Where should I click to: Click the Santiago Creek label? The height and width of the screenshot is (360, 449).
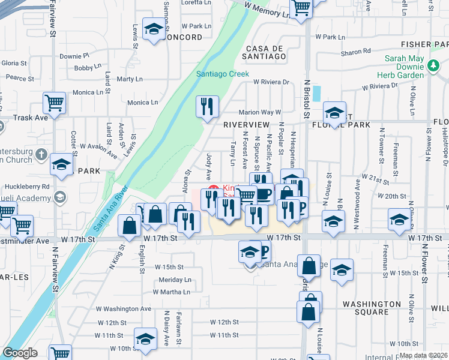(x=223, y=74)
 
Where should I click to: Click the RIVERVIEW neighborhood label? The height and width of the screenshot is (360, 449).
(x=246, y=124)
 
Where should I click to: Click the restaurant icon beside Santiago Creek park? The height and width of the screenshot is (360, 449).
(x=206, y=107)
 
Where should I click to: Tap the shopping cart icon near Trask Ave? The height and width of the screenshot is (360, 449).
(x=55, y=103)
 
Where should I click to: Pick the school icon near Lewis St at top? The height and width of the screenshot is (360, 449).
(x=154, y=29)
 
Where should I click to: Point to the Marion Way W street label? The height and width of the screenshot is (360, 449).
(x=260, y=112)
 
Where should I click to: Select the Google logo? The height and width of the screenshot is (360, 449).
(x=20, y=353)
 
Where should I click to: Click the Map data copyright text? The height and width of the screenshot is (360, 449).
(x=423, y=355)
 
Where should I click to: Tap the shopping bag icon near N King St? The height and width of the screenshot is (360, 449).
(x=130, y=226)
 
